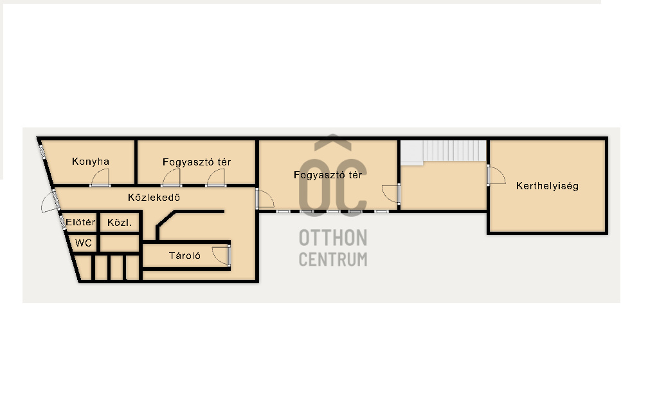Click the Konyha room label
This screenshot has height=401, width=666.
pos(91,162)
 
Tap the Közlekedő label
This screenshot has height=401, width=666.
pos(154,198)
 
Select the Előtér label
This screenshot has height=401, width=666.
pos(80,222)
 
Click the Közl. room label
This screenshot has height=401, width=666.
pos(120,223)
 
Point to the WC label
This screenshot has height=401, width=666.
pos(84,243)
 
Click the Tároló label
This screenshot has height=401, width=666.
pos(184,256)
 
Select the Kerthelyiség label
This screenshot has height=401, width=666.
pos(547,186)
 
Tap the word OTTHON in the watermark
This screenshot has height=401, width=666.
pos(333,238)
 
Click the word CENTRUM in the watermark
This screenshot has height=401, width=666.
pos(333,259)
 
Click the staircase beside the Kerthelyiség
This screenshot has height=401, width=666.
pos(444,152)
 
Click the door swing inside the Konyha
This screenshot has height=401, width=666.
pos(100,177)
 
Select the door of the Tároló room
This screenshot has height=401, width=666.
pos(221,256)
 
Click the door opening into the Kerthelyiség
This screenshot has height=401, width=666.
pos(496,175)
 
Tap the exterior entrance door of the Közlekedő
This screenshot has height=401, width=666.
pos(50,202)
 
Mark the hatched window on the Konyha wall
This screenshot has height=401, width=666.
pos(42,153)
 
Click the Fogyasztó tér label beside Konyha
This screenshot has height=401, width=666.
pos(197,162)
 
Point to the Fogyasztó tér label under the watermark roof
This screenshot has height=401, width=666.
pos(328,175)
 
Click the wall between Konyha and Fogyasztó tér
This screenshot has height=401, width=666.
pos(136,162)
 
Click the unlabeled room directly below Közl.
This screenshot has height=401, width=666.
pos(120,243)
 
